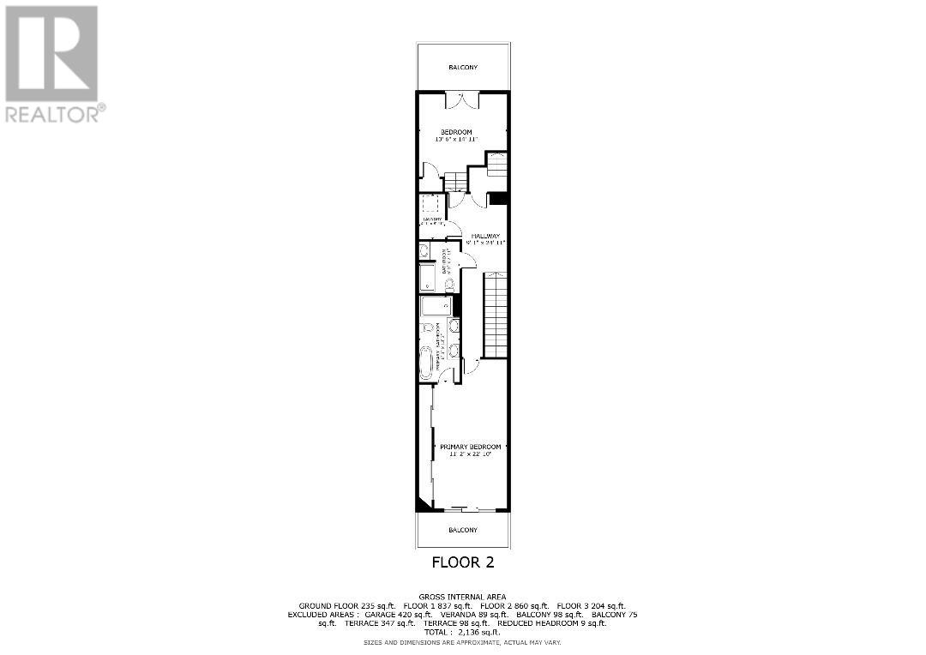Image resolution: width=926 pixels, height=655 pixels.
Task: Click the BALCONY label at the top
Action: [x=462, y=67]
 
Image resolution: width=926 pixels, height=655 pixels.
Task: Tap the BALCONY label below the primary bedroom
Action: [x=462, y=531]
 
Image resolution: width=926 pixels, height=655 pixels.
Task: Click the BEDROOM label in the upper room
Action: [x=456, y=131]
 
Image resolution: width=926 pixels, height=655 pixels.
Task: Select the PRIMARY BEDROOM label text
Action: [x=470, y=447]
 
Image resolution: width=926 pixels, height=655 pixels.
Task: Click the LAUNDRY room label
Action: [x=432, y=219]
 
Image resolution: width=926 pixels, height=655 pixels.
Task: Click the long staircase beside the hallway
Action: [x=496, y=315]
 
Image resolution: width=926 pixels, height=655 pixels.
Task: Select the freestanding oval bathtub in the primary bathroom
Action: [x=427, y=364]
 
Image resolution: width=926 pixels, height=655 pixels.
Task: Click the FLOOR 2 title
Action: [x=462, y=563]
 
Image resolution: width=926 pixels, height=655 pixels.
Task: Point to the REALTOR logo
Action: [x=52, y=64]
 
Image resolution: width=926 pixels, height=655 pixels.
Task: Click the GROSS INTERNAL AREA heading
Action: [x=462, y=597]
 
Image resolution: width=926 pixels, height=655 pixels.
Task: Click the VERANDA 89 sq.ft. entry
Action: [x=469, y=615]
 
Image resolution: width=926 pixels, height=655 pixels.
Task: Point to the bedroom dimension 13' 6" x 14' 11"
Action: [x=456, y=139]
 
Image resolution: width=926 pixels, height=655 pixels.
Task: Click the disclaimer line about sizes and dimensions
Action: [x=462, y=641]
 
